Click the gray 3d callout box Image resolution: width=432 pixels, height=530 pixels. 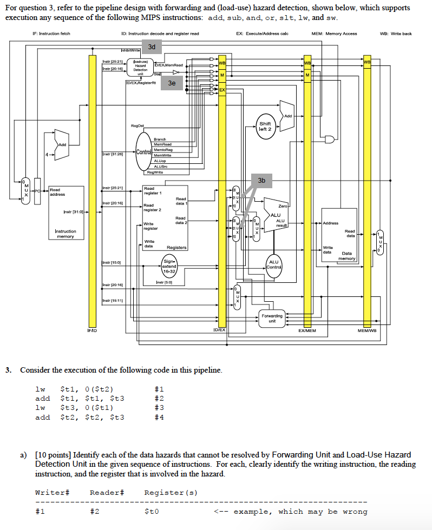click(x=152, y=47)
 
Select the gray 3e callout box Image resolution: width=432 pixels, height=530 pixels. click(x=172, y=83)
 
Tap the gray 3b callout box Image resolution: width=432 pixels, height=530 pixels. click(x=261, y=180)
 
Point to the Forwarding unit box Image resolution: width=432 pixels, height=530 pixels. click(x=272, y=318)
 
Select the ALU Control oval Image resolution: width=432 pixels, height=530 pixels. click(x=273, y=264)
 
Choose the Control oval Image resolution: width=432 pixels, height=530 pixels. click(x=143, y=152)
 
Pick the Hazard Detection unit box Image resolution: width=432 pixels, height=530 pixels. click(x=141, y=70)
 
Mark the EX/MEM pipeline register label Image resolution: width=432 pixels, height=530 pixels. click(x=307, y=330)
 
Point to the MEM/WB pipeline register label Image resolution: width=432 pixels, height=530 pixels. click(x=366, y=330)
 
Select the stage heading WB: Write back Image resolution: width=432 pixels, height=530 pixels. click(x=396, y=34)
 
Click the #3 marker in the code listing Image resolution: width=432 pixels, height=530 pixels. click(x=159, y=407)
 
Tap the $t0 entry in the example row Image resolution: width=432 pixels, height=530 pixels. click(x=152, y=512)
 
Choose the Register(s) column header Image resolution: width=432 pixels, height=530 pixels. click(x=171, y=492)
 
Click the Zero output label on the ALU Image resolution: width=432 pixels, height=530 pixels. click(x=283, y=206)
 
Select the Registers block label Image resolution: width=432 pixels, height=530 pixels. click(x=177, y=247)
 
